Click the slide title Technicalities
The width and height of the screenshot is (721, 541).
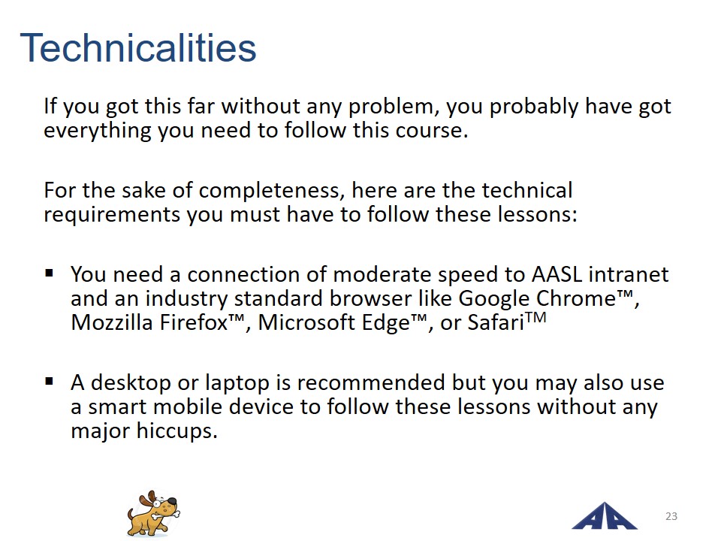138,48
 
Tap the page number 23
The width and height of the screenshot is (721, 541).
671,516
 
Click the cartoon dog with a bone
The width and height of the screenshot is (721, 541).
153,513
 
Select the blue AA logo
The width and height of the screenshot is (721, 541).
604,516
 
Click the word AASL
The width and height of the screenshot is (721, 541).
557,275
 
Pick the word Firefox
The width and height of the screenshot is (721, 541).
194,322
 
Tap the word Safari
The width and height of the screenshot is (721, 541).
496,322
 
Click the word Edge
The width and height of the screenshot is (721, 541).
385,323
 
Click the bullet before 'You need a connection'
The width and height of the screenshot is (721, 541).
50,274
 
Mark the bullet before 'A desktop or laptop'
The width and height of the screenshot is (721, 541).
50,381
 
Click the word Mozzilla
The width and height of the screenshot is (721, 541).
112,322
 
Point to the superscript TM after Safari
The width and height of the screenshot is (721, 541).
535,318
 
